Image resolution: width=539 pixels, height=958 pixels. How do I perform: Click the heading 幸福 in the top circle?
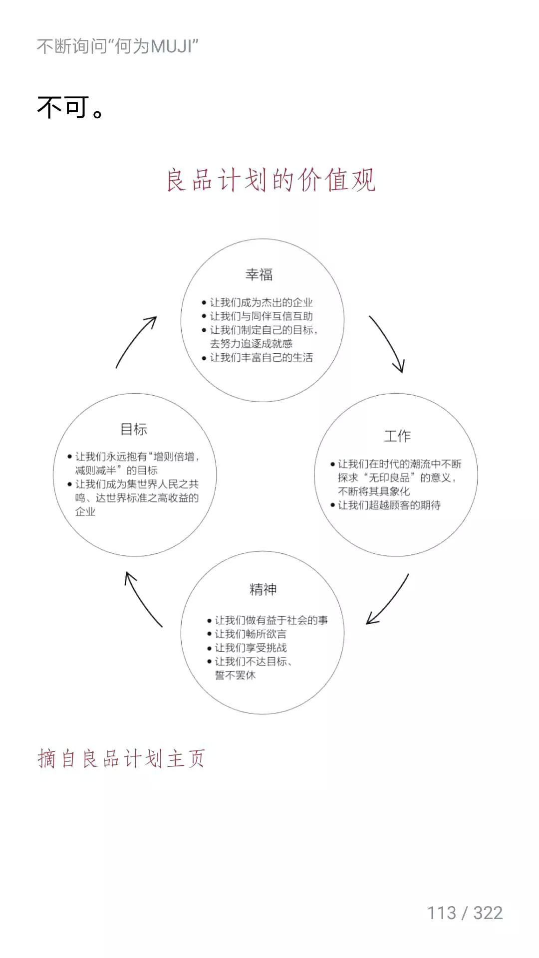pos(259,274)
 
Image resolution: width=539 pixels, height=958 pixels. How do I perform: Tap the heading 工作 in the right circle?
pos(397,436)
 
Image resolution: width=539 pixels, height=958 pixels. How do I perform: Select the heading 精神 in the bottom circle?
pos(263,589)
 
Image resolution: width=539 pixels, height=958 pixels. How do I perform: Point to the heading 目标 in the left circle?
pos(134,429)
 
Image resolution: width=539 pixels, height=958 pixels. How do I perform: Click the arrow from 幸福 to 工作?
pos(387,344)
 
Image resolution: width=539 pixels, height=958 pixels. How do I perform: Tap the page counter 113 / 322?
pos(465,913)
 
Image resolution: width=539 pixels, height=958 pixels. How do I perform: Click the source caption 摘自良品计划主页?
pos(121,759)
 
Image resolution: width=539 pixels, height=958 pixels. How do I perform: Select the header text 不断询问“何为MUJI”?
pos(117,46)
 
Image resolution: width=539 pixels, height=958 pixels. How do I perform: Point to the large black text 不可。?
pos(70,107)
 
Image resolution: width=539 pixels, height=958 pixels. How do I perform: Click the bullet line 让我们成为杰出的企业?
pos(261,302)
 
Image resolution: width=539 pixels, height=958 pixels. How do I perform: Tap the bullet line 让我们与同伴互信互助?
pos(261,316)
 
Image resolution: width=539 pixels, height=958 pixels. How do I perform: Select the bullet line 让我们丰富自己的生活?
pos(261,358)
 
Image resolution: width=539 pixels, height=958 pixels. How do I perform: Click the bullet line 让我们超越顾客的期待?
pos(389,505)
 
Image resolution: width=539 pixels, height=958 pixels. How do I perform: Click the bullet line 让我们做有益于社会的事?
pos(271,620)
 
